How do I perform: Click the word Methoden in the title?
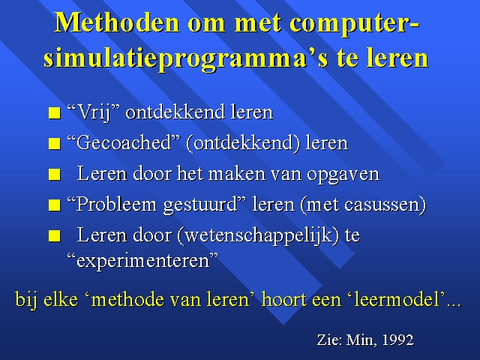tap(117, 22)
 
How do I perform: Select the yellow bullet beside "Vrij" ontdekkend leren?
tap(55, 112)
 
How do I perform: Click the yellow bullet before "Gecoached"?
tap(55, 143)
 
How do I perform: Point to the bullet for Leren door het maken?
tap(55, 174)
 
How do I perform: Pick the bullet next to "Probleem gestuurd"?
tap(55, 205)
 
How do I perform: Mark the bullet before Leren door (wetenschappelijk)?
tap(55, 235)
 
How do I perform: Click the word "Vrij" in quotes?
tap(93, 112)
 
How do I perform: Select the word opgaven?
tap(343, 175)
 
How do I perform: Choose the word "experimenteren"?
tap(142, 261)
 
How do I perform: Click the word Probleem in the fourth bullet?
tap(116, 204)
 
